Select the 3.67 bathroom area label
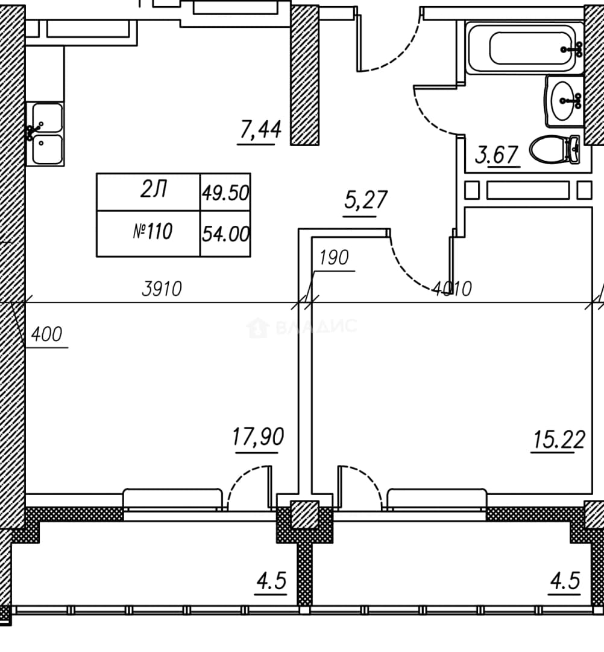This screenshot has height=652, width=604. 497,155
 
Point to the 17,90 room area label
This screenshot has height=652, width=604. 258,437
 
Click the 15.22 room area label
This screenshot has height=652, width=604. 558,440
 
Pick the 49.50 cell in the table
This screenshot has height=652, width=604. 225,193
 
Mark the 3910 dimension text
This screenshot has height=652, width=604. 162,289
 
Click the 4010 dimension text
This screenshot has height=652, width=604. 451,289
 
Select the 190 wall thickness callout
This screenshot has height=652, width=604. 334,258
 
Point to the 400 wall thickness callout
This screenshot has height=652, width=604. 46,334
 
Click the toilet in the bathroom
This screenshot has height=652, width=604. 555,149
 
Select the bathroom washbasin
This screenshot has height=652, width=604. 565,101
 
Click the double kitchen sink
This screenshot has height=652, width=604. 46,134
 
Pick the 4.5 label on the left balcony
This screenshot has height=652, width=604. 271,581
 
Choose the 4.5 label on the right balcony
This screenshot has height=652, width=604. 565,581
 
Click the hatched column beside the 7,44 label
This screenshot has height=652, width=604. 304,75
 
